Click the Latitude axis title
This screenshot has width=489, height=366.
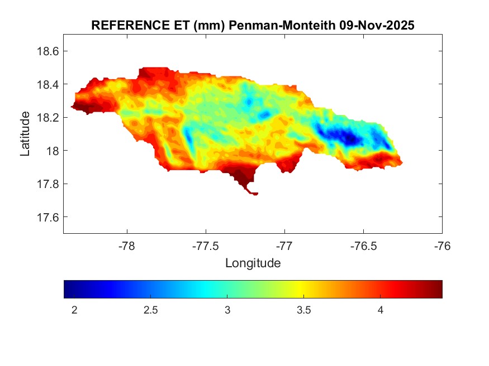25,133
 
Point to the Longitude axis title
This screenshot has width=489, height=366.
253,263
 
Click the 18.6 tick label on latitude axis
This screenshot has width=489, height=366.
48,51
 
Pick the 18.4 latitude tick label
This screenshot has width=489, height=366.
48,84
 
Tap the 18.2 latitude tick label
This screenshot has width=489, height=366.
48,118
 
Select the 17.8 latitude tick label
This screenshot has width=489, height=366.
48,184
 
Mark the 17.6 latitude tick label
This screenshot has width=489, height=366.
48,217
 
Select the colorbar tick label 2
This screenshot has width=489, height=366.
74,310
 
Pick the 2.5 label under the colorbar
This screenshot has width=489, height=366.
151,310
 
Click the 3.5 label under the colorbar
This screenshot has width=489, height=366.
303,310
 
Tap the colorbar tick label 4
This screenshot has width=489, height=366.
380,310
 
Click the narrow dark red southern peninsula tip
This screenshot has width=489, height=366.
254,194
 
